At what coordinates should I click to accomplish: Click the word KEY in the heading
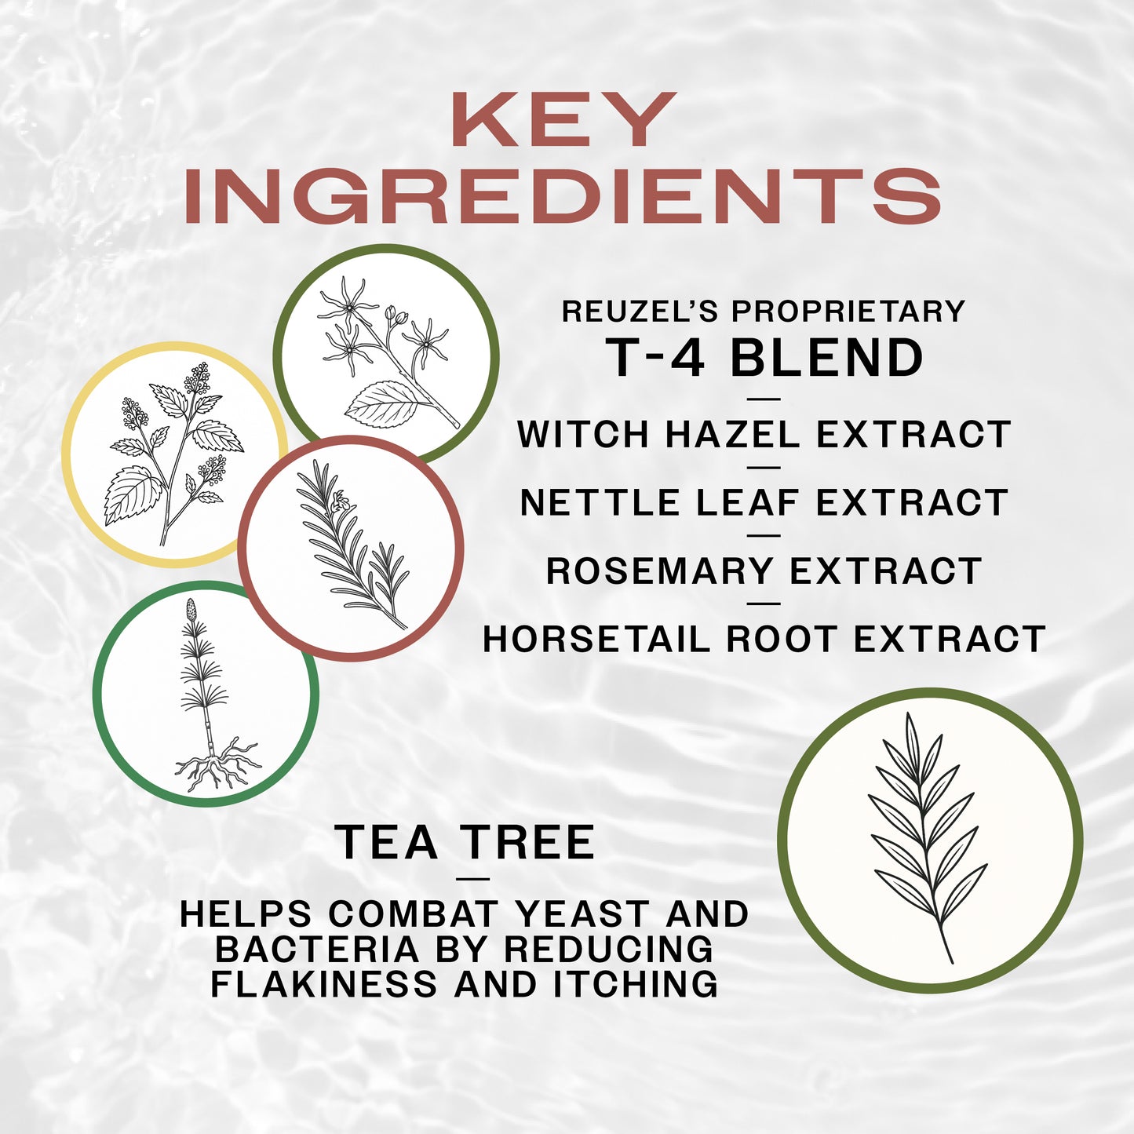point(563,120)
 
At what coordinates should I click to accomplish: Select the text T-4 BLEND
point(764,359)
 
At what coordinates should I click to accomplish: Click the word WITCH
point(583,435)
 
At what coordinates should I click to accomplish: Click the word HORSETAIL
point(596,640)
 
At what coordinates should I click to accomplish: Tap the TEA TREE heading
point(465,843)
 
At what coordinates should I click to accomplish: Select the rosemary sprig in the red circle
point(350,546)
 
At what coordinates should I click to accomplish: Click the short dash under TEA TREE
point(472,878)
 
